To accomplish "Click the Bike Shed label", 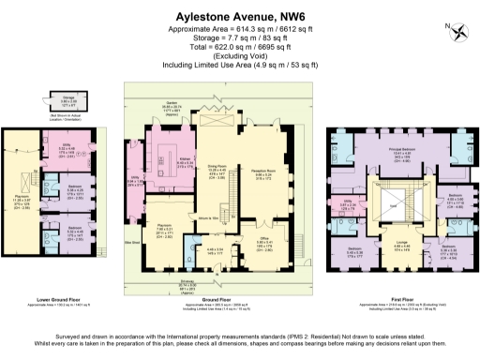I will pyautogui.click(x=131, y=241).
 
